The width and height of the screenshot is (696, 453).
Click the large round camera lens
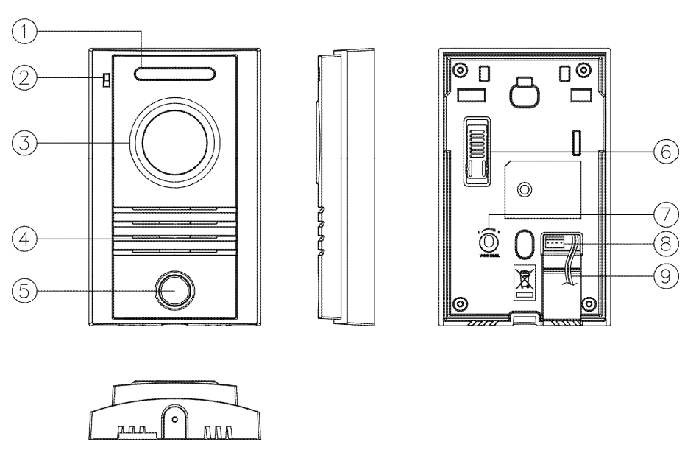(x=174, y=142)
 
